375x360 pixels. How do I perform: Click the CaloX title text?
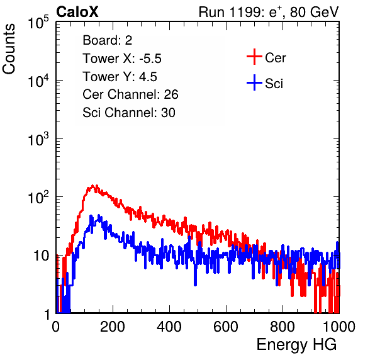pyautogui.click(x=77, y=12)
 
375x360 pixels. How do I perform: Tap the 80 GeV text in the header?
pyautogui.click(x=314, y=12)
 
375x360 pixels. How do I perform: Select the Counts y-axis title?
pyautogui.click(x=9, y=49)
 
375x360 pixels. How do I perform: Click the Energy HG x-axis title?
pyautogui.click(x=296, y=345)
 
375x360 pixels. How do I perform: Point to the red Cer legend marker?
pyautogui.click(x=254, y=57)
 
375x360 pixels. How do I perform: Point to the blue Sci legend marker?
pyautogui.click(x=254, y=82)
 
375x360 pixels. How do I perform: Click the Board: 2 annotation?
pyautogui.click(x=108, y=40)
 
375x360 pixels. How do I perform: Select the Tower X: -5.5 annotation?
pyautogui.click(x=122, y=59)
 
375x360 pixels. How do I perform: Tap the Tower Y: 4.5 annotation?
pyautogui.click(x=120, y=77)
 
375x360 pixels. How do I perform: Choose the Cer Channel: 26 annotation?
pyautogui.click(x=130, y=94)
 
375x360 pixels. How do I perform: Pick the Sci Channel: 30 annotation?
pyautogui.click(x=129, y=113)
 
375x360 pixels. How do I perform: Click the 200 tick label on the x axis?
pyautogui.click(x=113, y=327)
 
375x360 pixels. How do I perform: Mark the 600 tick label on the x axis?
pyautogui.click(x=226, y=327)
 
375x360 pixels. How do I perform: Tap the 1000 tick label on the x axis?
pyautogui.click(x=339, y=327)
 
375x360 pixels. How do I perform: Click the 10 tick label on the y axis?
pyautogui.click(x=42, y=256)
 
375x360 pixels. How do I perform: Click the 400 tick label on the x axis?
pyautogui.click(x=169, y=327)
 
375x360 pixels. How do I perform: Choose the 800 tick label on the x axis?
pyautogui.click(x=283, y=327)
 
